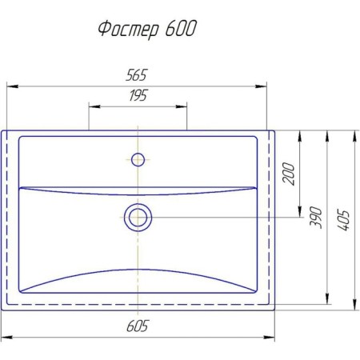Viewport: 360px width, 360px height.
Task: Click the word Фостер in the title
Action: pyautogui.click(x=129, y=30)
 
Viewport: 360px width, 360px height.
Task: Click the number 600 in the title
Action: pyautogui.click(x=181, y=28)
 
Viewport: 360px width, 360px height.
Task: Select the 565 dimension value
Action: pyautogui.click(x=136, y=75)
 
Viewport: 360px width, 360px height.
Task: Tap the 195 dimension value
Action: pyautogui.click(x=138, y=95)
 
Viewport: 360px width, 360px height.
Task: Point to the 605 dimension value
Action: pyautogui.click(x=137, y=326)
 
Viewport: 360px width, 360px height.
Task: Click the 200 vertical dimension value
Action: pyautogui.click(x=289, y=174)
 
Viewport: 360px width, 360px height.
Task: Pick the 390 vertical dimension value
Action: pyautogui.click(x=316, y=217)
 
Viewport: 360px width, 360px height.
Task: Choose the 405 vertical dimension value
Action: pyautogui.click(x=343, y=220)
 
